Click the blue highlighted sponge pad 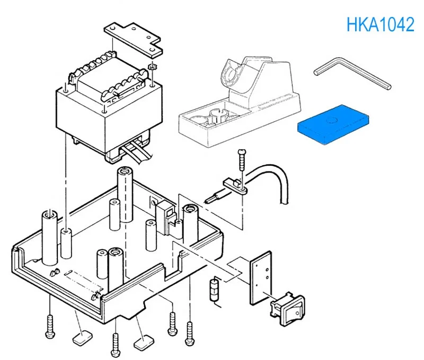pyautogui.click(x=333, y=125)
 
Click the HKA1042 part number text pyautogui.click(x=380, y=24)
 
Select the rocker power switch pyautogui.click(x=287, y=309)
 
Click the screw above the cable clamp pyautogui.click(x=242, y=160)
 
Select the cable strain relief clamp pyautogui.click(x=235, y=186)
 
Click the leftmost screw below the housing pyautogui.click(x=50, y=326)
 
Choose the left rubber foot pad pyautogui.click(x=82, y=337)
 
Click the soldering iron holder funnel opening pyautogui.click(x=231, y=74)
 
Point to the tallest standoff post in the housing pyautogui.click(x=125, y=194)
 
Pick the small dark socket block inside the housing pyautogui.click(x=165, y=218)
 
